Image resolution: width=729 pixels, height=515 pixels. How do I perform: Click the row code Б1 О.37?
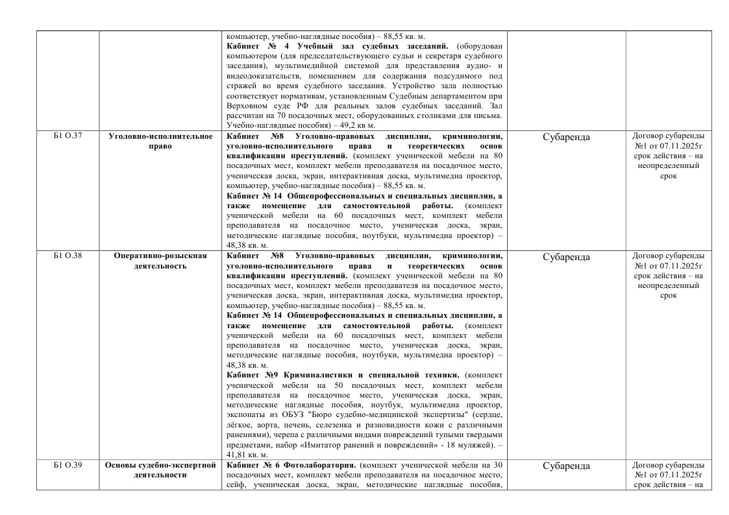pyautogui.click(x=67, y=136)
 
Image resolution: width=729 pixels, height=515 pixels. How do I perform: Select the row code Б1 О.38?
pyautogui.click(x=67, y=256)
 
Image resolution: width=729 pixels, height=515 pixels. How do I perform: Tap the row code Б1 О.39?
pyautogui.click(x=67, y=465)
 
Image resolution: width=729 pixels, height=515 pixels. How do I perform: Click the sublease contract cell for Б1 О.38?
pyautogui.click(x=668, y=275)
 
